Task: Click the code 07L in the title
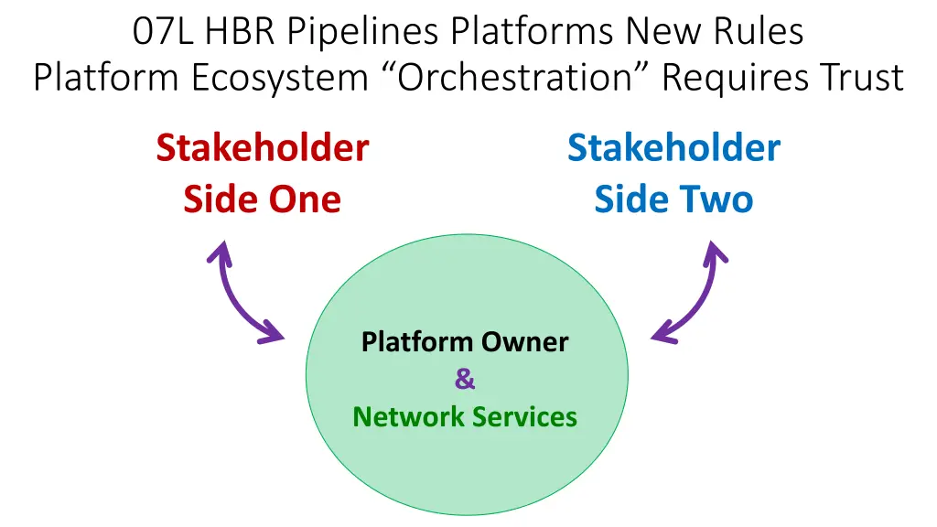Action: click(x=165, y=32)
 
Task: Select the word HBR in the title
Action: click(x=242, y=32)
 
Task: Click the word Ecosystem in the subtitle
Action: click(x=280, y=78)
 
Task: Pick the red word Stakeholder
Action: click(x=263, y=147)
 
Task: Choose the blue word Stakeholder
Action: click(x=673, y=147)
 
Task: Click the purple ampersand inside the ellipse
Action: click(x=465, y=380)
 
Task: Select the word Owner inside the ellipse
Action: click(x=525, y=342)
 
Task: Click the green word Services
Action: click(x=525, y=417)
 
